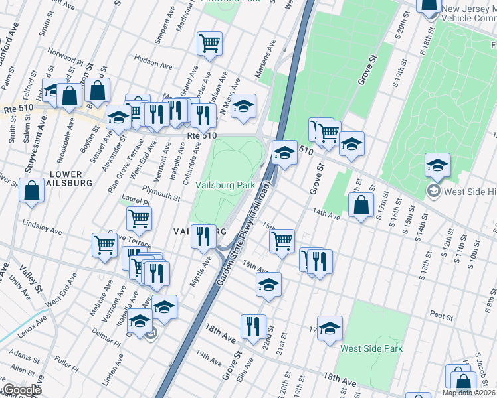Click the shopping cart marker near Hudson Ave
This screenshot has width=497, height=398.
209,44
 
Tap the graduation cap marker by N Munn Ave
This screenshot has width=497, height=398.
243,106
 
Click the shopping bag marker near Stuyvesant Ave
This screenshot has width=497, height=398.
33,190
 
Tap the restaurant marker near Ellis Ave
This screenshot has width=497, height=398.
253,326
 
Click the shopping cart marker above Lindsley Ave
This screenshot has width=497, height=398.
139,218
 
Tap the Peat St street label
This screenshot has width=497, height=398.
441,315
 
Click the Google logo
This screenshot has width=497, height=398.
22,391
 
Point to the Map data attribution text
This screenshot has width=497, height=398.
468,393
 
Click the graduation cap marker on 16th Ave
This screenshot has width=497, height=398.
269,285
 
